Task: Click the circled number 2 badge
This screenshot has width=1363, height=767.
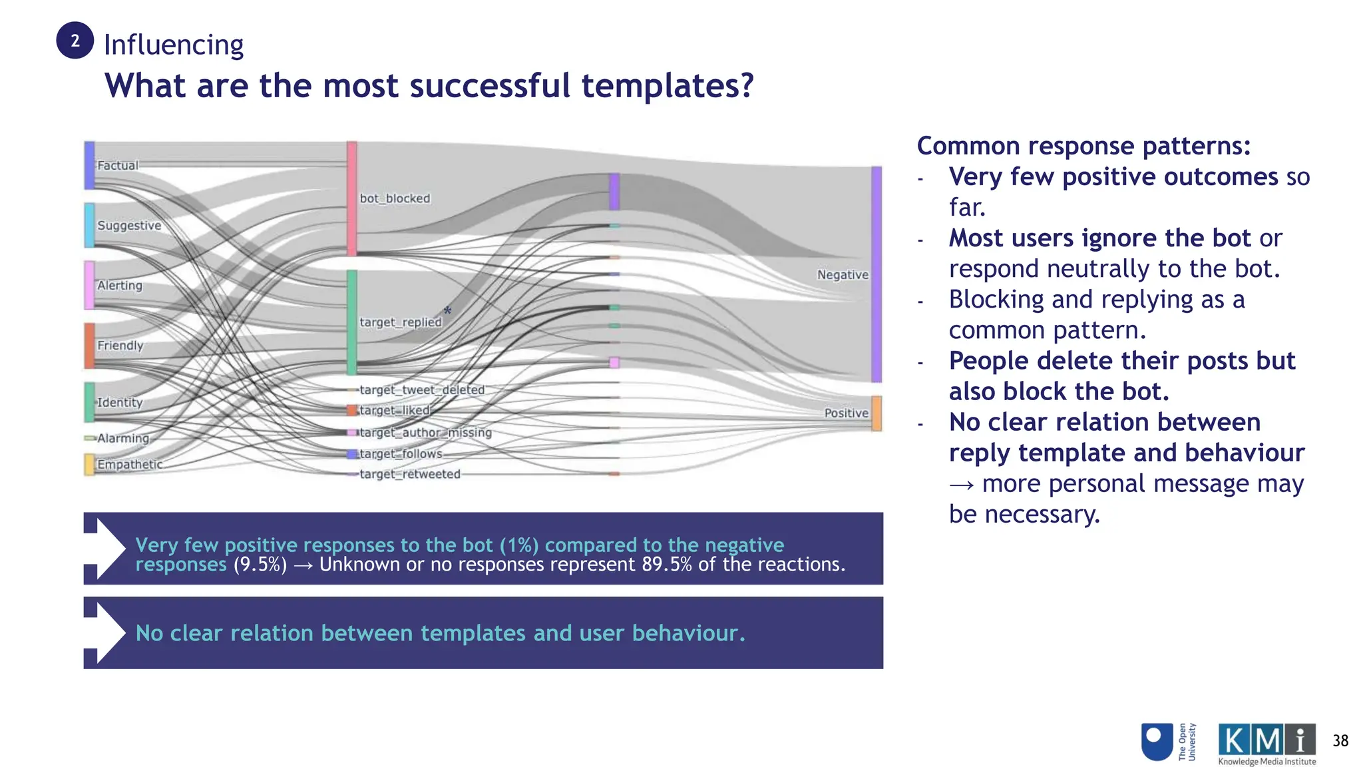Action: pyautogui.click(x=75, y=41)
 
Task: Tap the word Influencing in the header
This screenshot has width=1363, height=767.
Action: pyautogui.click(x=174, y=45)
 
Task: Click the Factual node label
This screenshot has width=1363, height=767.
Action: pyautogui.click(x=118, y=165)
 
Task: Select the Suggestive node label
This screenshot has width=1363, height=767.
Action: pyautogui.click(x=129, y=225)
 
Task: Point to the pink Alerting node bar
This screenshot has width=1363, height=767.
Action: pyautogui.click(x=89, y=285)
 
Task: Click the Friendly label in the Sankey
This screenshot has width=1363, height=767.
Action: pyautogui.click(x=120, y=345)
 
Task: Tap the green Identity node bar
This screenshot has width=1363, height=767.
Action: pyautogui.click(x=89, y=402)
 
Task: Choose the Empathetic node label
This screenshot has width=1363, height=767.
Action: pyautogui.click(x=129, y=464)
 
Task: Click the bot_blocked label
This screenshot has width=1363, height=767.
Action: pyautogui.click(x=395, y=198)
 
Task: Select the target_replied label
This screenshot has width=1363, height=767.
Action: pyautogui.click(x=400, y=322)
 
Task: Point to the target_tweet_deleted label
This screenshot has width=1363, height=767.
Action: pyautogui.click(x=421, y=389)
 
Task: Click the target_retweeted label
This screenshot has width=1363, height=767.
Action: pyautogui.click(x=409, y=474)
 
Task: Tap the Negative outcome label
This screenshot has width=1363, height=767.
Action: pyautogui.click(x=843, y=275)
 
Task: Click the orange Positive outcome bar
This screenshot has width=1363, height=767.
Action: pyautogui.click(x=876, y=413)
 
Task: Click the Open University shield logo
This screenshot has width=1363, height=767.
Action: pyautogui.click(x=1157, y=742)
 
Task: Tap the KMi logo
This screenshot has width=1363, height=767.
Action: pyautogui.click(x=1266, y=743)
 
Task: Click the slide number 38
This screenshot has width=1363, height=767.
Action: pyautogui.click(x=1340, y=740)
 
